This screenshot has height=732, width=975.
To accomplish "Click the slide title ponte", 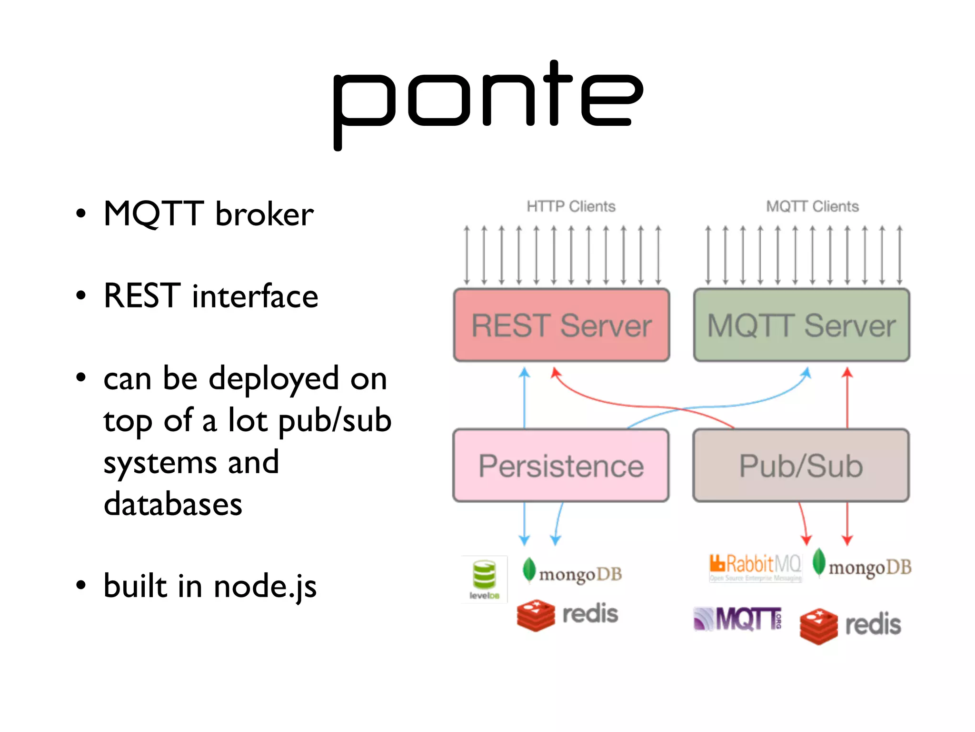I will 487,102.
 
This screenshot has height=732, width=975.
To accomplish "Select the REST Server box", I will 561,325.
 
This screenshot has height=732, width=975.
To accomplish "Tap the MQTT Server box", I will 801,325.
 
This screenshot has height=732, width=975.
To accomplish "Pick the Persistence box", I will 561,466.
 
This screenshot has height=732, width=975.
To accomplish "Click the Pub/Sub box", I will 801,466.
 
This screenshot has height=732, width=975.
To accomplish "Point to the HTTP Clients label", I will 571,206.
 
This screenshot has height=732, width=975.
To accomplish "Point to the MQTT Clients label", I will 812,206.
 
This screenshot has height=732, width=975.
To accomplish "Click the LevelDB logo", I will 484,579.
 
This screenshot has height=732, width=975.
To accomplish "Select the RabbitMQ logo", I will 755,567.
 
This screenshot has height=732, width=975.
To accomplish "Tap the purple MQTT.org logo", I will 737,619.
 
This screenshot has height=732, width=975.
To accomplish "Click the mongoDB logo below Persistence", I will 573,572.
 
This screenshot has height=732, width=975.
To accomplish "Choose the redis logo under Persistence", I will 567,614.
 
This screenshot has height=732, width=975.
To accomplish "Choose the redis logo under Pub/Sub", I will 851,625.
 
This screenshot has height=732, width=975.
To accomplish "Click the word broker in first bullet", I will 264,214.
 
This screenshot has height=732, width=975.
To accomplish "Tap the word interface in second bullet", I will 255,296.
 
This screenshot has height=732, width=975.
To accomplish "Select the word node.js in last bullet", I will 265,587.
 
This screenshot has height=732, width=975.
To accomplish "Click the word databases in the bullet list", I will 173,504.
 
